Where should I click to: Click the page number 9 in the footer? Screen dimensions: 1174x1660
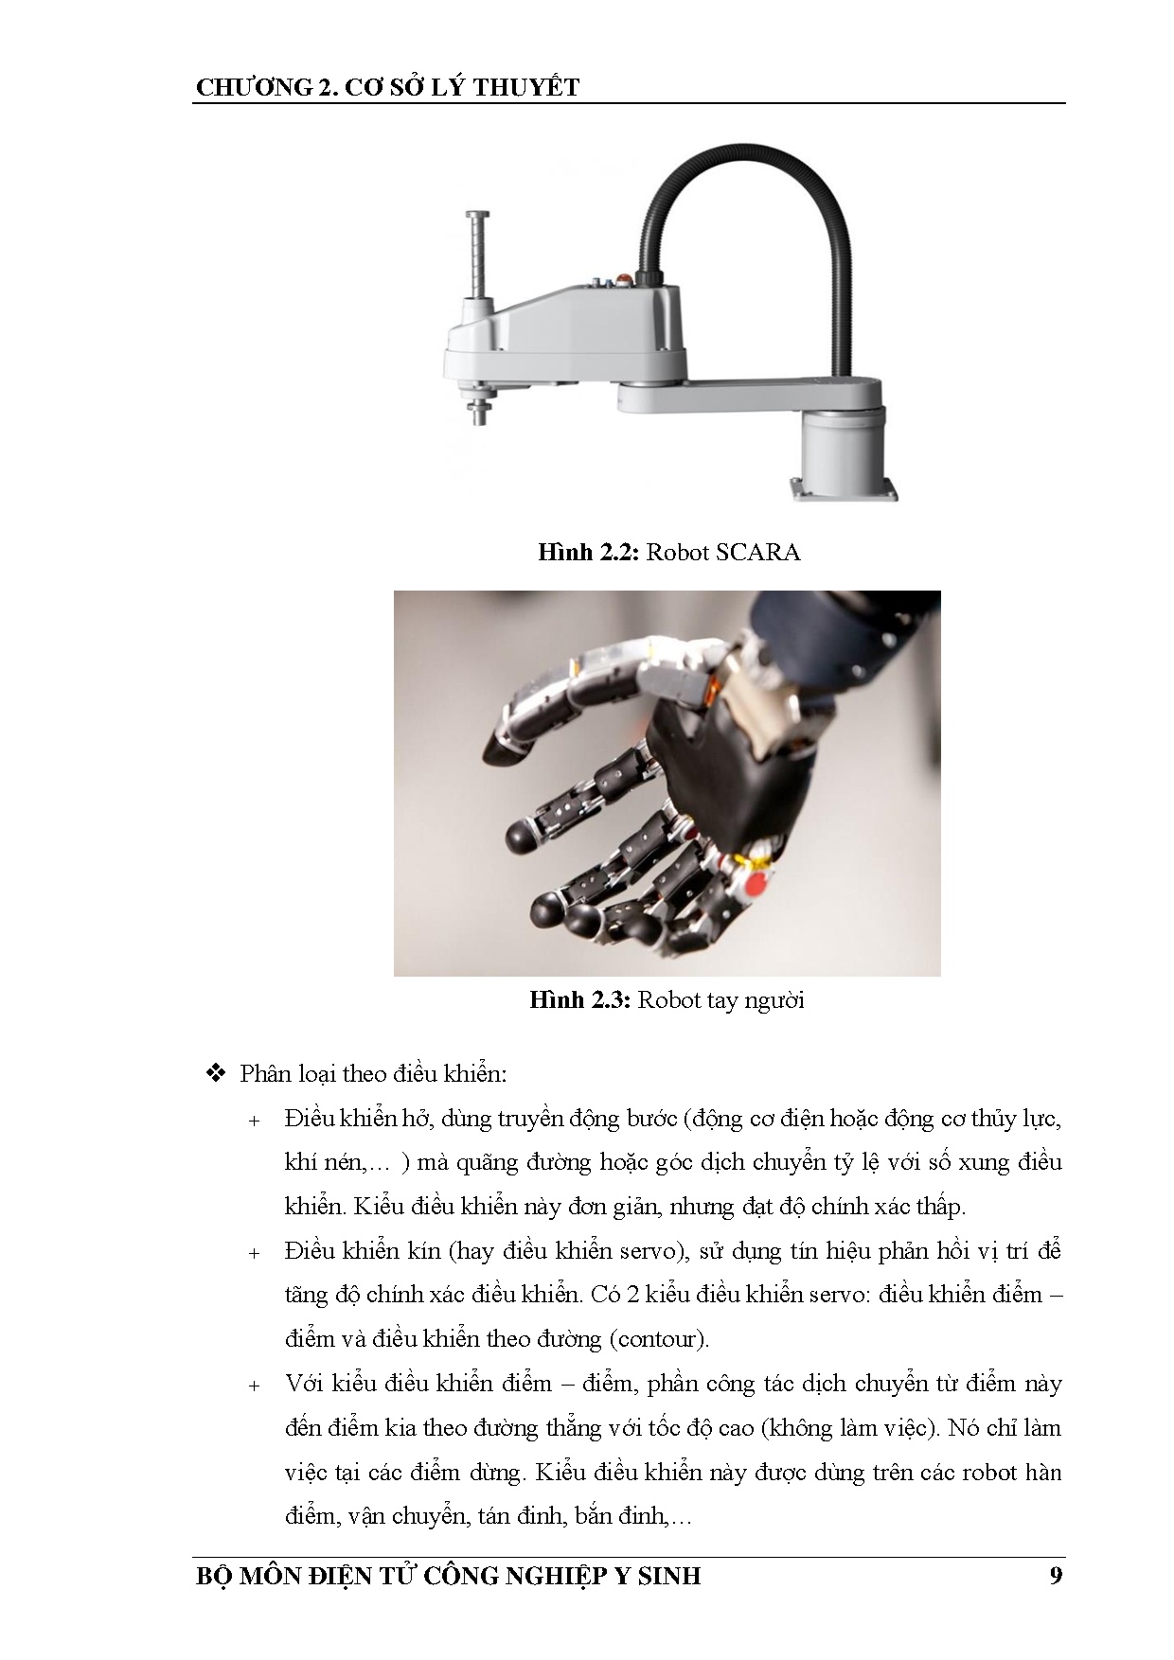(1056, 1575)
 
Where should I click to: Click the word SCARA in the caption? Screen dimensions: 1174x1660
(758, 552)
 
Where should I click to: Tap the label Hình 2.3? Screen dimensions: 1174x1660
(580, 999)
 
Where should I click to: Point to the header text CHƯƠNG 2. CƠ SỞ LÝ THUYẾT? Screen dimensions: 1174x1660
(388, 87)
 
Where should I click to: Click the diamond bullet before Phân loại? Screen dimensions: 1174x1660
(216, 1073)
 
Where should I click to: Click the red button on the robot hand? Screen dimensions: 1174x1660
(756, 887)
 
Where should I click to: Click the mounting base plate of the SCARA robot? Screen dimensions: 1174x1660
(845, 489)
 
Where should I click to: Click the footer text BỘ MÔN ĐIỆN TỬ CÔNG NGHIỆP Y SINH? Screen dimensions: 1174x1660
(449, 1576)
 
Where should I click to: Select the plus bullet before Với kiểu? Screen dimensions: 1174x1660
(254, 1386)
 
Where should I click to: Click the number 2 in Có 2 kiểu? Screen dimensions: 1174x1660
(633, 1294)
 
